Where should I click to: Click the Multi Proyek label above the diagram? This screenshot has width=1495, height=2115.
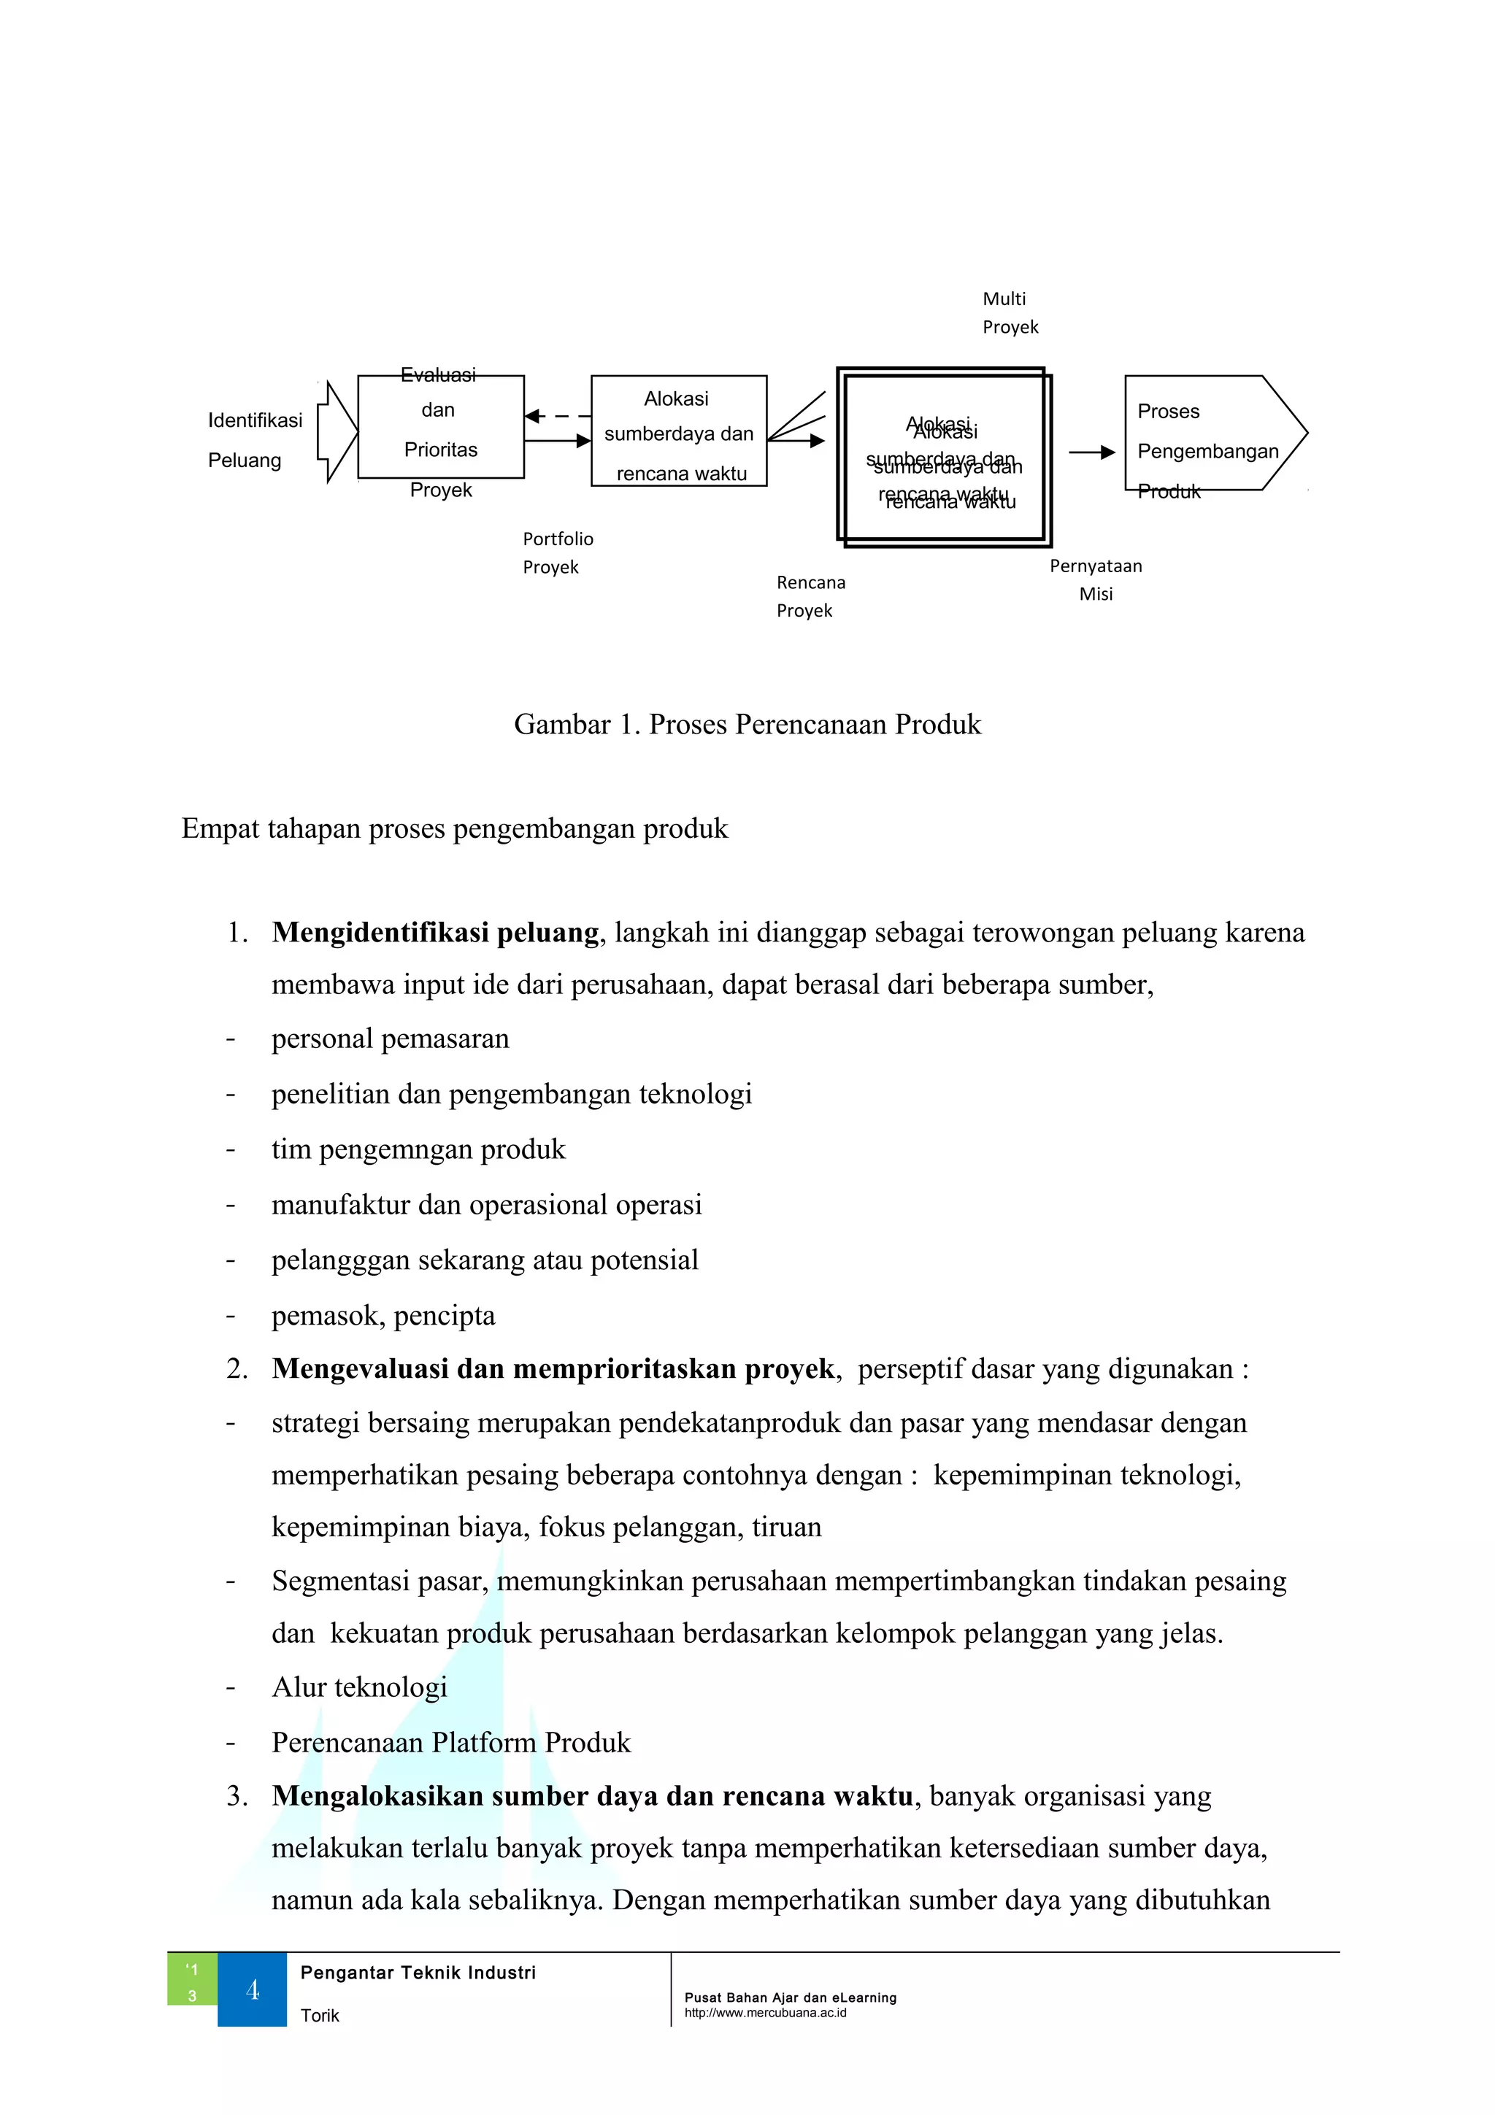1010,312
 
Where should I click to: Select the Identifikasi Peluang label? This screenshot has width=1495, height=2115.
254,439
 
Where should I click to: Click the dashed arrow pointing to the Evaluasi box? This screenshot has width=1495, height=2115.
557,417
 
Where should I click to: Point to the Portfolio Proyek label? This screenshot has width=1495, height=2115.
557,552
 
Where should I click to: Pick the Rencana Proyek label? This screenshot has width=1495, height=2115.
810,596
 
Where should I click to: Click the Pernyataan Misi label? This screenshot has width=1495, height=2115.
1095,579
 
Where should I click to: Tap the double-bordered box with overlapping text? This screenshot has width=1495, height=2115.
943,458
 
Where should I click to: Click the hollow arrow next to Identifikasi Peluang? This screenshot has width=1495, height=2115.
335,432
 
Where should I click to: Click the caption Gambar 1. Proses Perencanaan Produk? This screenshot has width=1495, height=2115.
747,724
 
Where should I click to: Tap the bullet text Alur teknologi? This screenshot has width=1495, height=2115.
359,1687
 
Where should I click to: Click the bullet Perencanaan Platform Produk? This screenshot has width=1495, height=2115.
450,1742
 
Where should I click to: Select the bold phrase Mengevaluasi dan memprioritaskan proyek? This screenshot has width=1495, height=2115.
553,1369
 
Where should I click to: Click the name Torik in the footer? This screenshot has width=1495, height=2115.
320,2016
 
